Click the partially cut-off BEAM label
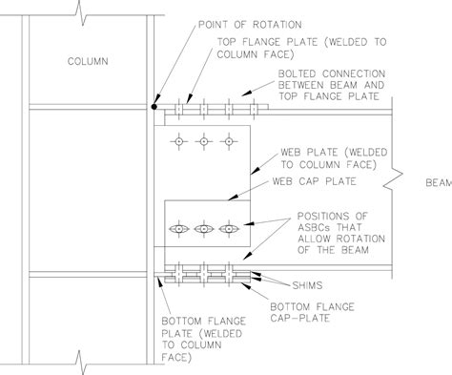click(438, 180)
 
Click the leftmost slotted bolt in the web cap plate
click(177, 230)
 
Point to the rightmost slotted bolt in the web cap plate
click(227, 230)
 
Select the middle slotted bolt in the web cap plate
click(202, 230)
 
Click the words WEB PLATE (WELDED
click(321, 153)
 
